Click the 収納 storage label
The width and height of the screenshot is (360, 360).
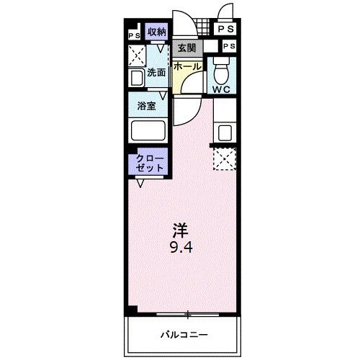[x=156, y=31]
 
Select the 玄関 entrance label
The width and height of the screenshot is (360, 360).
[x=187, y=48]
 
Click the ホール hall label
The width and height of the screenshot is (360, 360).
[x=187, y=66]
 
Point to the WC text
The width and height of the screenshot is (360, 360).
[x=222, y=89]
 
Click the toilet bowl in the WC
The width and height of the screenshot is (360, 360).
[x=221, y=71]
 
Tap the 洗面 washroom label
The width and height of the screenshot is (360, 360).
[x=157, y=72]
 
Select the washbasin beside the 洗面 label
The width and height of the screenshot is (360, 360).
[x=137, y=78]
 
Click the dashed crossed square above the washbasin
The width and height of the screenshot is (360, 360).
[x=137, y=55]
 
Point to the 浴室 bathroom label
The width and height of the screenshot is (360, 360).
[x=148, y=106]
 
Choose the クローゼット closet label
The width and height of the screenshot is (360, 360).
[x=150, y=162]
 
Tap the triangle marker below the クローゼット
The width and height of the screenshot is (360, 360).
[x=142, y=183]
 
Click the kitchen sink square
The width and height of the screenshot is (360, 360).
[x=225, y=132]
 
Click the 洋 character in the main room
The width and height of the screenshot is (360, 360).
[x=180, y=231]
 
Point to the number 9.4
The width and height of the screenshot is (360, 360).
[x=180, y=247]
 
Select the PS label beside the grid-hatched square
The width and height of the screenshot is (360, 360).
[x=225, y=30]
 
